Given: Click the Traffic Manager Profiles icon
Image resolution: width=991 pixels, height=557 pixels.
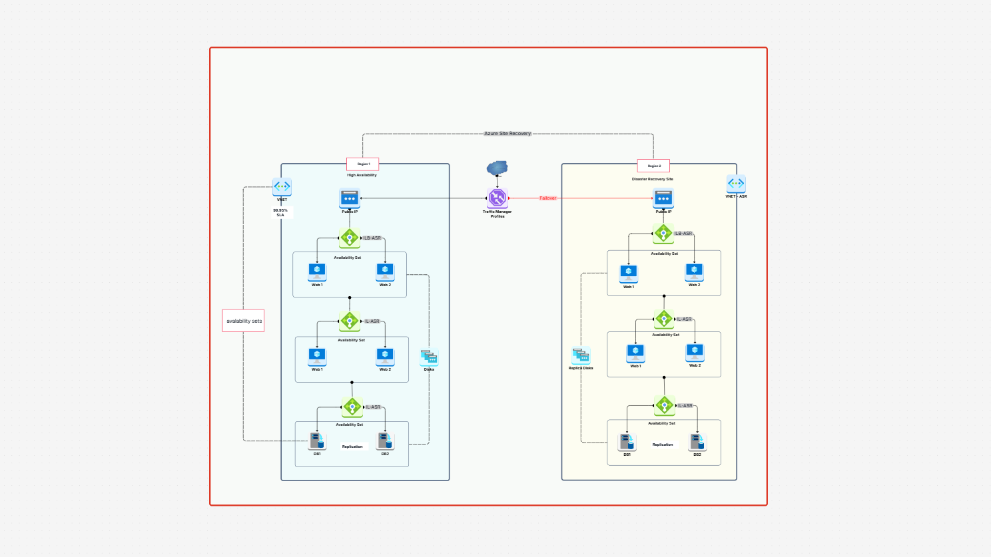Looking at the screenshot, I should point(497,198).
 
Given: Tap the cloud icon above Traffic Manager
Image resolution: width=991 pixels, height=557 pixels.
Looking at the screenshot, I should point(497,168).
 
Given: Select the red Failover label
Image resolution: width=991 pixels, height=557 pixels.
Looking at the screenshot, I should point(547,198).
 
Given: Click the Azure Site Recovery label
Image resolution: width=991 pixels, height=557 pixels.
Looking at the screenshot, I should point(507,134).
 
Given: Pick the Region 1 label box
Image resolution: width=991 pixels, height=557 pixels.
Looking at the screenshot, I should point(363,164).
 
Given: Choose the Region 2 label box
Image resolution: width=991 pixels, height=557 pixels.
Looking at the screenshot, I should point(653,166).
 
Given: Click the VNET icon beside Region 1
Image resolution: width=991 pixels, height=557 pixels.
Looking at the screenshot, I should point(282,187).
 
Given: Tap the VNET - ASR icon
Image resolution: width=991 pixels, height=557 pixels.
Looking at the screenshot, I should point(736,184).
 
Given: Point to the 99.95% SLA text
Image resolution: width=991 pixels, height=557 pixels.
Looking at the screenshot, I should point(280,212).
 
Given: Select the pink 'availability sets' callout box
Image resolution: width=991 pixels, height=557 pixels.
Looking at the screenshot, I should point(244,321).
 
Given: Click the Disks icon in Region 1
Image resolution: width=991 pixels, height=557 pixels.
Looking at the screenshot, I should point(429,357).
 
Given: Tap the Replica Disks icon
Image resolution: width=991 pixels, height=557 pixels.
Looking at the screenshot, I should point(581,356).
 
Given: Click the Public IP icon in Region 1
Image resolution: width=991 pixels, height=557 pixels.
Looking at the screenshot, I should point(350,198).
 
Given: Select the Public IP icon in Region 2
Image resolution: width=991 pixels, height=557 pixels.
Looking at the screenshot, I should point(663,198).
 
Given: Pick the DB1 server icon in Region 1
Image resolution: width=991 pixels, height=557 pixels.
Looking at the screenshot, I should point(318,441).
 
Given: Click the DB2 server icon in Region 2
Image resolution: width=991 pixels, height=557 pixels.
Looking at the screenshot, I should point(697,442).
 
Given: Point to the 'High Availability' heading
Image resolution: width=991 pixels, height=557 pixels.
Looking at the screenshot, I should point(362,175).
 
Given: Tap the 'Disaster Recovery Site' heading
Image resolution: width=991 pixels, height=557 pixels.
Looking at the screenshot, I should point(652,179).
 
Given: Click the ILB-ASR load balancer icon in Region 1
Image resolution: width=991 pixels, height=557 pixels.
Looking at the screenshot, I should point(350,238).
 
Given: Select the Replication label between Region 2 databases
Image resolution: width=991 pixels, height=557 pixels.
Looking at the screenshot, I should point(663,445).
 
